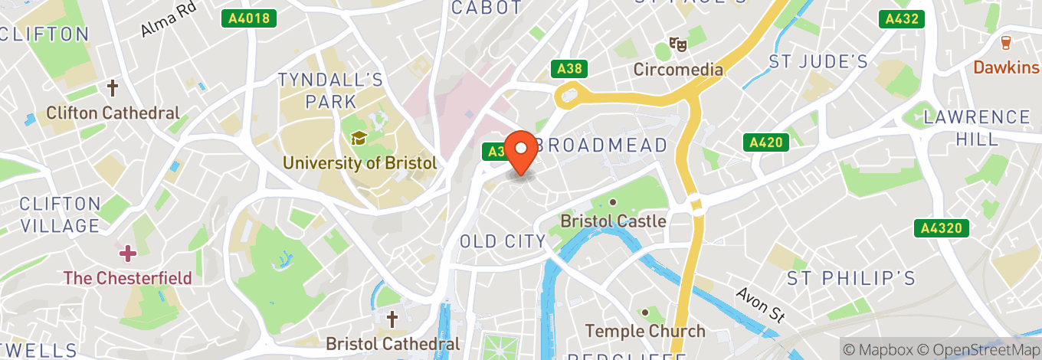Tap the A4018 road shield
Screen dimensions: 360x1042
click(249, 18)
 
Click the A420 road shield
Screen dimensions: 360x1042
click(765, 142)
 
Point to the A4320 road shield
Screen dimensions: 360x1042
click(942, 227)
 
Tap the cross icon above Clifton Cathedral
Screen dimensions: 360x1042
click(113, 88)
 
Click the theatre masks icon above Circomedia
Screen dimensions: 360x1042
click(677, 45)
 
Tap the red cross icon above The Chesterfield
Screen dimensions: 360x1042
click(127, 252)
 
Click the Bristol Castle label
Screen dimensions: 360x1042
click(613, 221)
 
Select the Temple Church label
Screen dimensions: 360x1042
click(645, 331)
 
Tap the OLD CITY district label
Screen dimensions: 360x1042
click(503, 241)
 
